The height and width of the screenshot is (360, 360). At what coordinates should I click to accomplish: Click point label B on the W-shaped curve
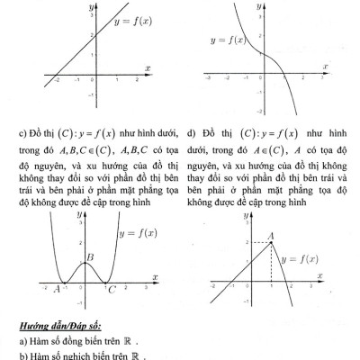90,260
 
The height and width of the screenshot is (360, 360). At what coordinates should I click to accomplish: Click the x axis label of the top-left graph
148,65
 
